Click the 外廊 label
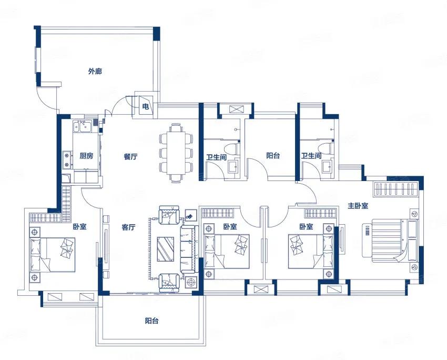(x=95, y=71)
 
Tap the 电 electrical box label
(x=145, y=107)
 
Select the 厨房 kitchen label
(x=86, y=156)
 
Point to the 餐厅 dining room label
(x=130, y=156)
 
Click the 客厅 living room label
(x=128, y=227)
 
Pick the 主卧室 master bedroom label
(x=358, y=205)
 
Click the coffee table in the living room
(x=166, y=249)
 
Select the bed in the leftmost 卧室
(x=53, y=254)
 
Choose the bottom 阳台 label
(x=151, y=321)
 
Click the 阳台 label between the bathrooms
(x=273, y=155)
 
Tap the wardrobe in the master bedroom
(x=397, y=189)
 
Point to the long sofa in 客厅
(x=189, y=249)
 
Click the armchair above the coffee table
(x=169, y=215)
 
